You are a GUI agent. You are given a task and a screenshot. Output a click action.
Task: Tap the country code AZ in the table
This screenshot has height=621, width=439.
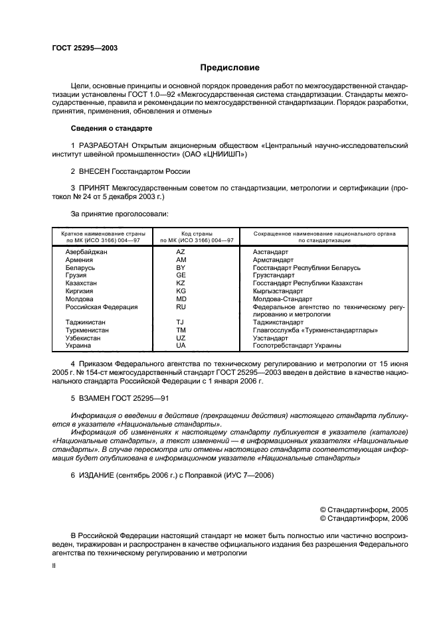pos(181,253)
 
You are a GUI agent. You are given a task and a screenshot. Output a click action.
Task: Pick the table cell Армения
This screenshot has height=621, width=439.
pos(79,260)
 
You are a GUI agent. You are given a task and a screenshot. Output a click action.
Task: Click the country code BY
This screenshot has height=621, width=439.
pos(181,267)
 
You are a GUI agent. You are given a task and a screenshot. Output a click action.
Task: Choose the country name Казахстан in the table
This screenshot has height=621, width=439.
pos(81,283)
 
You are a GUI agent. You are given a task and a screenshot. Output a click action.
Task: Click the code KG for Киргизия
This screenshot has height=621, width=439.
pos(181,291)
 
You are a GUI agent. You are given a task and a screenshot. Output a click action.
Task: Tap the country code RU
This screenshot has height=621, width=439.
pos(181,307)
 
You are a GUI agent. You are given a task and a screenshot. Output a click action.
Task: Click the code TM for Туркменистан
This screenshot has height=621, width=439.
pos(181,330)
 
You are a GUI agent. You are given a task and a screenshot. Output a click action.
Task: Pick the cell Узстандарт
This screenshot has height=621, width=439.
pos(270,338)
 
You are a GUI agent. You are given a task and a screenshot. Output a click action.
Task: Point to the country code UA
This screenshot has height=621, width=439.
pos(181,345)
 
